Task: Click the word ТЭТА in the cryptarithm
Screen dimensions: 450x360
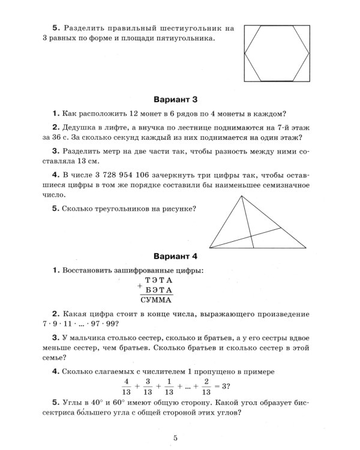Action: click(158, 280)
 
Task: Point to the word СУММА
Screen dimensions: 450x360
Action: click(156, 300)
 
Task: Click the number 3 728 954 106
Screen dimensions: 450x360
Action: click(122, 175)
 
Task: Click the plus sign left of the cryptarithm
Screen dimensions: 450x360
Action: click(140, 285)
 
